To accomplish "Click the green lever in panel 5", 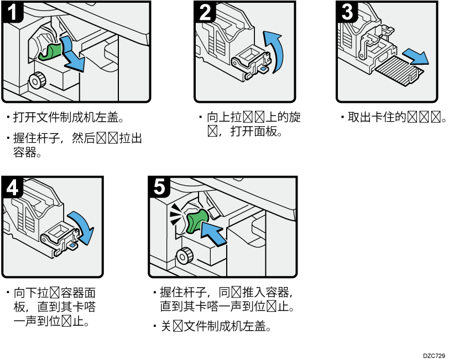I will [x=196, y=220].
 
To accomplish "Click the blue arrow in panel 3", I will [x=415, y=55].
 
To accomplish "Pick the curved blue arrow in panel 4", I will [x=82, y=227].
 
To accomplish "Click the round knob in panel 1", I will [x=37, y=80].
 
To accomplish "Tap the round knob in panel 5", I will [x=184, y=256].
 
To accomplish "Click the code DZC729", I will [x=434, y=356].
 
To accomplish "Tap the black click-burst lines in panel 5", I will [x=175, y=213].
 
